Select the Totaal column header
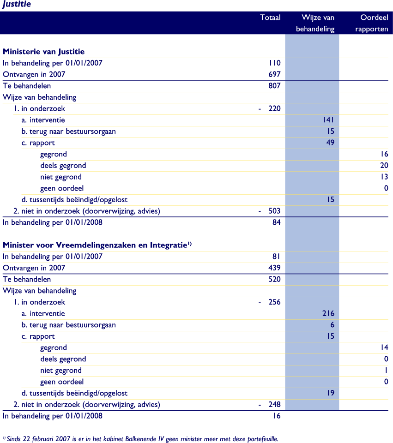click(270, 18)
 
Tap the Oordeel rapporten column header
click(374, 23)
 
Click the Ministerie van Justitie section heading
click(43, 52)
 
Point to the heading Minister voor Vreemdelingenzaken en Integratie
click(97, 245)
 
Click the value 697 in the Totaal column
click(274, 74)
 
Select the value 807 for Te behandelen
click(274, 86)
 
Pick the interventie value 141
click(328, 120)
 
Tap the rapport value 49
click(330, 143)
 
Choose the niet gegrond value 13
click(384, 177)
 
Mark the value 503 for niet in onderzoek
click(274, 211)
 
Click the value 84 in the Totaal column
click(276, 222)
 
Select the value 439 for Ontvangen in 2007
click(274, 268)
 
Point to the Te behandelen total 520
click(274, 279)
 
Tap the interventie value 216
click(328, 313)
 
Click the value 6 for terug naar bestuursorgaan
click(332, 325)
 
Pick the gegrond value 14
click(384, 347)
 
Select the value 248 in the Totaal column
click(274, 405)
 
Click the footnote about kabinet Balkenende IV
click(141, 439)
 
